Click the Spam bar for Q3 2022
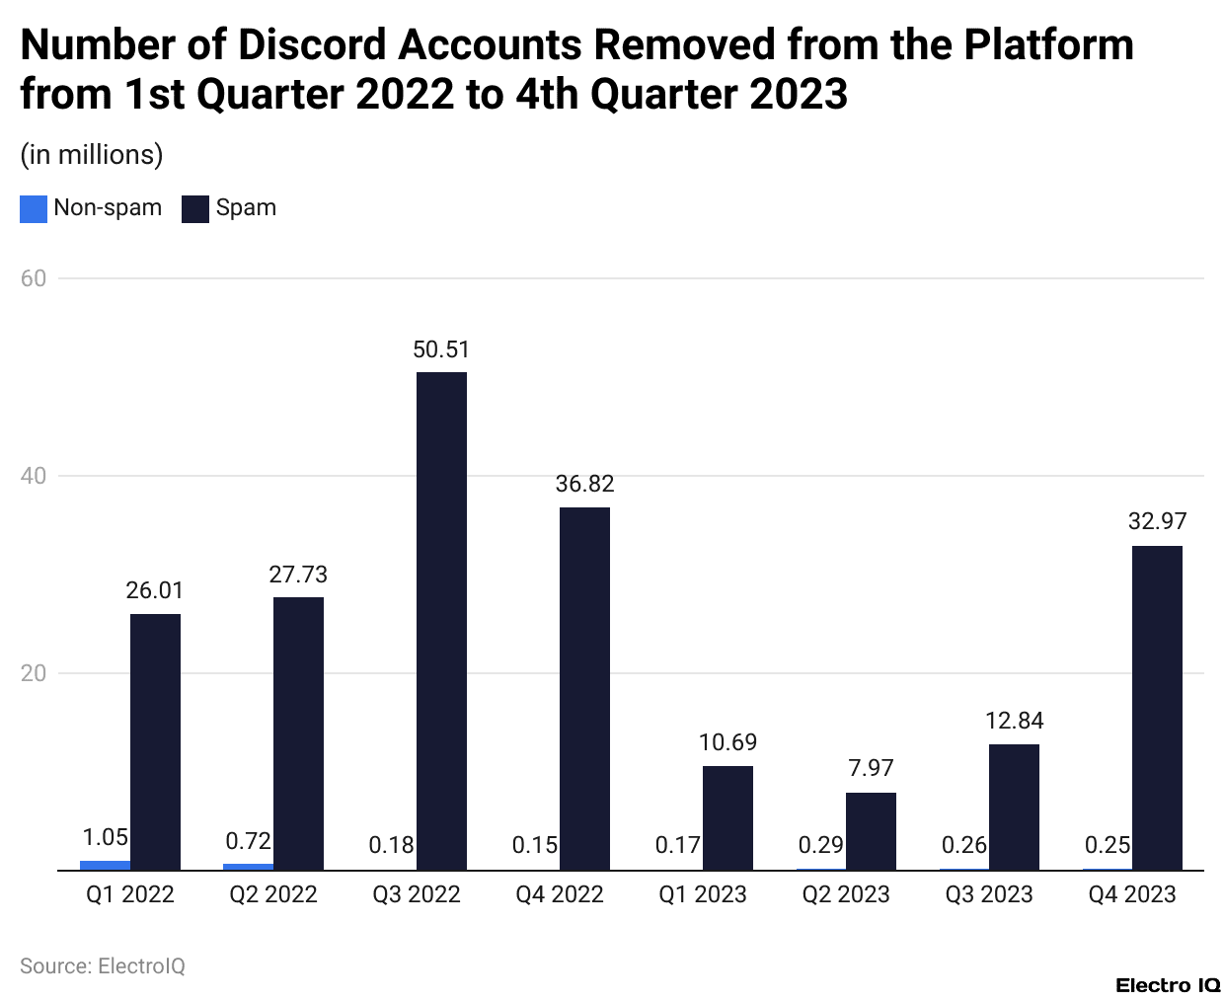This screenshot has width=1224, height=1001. [441, 621]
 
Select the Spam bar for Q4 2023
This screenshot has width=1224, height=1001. [1157, 708]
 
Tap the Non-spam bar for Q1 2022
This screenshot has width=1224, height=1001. [106, 866]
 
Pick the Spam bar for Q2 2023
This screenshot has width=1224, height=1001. [871, 831]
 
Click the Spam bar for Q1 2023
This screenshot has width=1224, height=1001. [727, 817]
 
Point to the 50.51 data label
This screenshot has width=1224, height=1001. [441, 349]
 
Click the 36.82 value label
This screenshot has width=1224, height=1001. [584, 484]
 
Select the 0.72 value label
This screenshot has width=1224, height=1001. [249, 841]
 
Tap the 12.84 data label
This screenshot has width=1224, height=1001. [1014, 721]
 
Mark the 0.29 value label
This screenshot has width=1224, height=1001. [821, 845]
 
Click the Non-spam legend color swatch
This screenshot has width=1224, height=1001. [34, 208]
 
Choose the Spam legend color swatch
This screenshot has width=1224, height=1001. [195, 208]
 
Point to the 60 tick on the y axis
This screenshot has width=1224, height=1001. [34, 278]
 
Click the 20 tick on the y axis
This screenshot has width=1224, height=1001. [34, 673]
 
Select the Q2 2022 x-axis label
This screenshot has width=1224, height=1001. [273, 894]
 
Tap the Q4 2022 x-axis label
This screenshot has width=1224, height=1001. [560, 894]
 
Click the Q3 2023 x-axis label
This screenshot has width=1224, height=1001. [989, 894]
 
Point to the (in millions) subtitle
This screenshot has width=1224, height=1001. [92, 155]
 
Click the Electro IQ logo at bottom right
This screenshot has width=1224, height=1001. [1168, 984]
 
